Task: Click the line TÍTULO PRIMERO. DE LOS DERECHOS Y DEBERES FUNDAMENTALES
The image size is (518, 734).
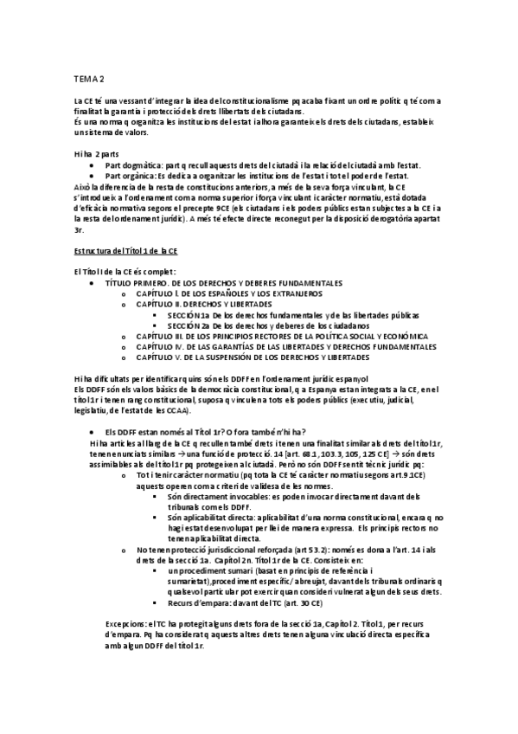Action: pyautogui.click(x=223, y=283)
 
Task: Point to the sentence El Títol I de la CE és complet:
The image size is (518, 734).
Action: pyautogui.click(x=125, y=272)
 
